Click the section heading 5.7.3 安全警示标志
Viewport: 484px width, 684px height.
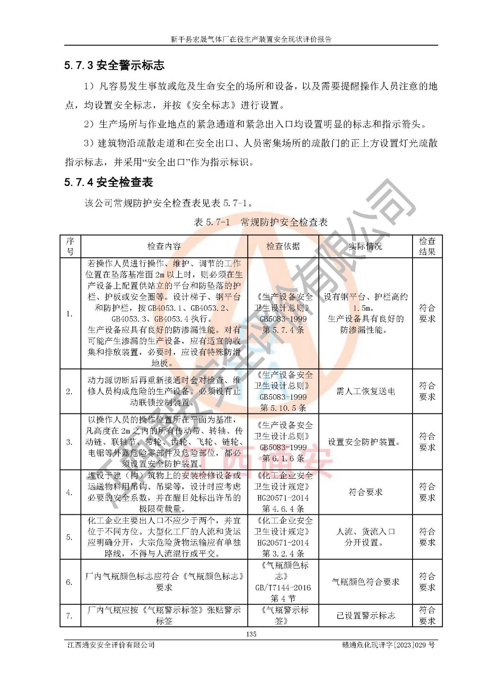point(114,65)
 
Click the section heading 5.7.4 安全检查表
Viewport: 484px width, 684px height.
point(109,183)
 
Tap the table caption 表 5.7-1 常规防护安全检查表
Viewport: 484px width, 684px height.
point(261,222)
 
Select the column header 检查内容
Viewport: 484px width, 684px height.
point(164,246)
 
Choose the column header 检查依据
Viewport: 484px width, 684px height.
point(283,246)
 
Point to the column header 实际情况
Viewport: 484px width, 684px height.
point(365,246)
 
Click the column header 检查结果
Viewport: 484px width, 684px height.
point(427,246)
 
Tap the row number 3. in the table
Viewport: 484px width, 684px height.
point(69,442)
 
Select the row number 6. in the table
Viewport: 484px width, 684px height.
point(69,582)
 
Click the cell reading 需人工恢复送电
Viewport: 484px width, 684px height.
point(365,391)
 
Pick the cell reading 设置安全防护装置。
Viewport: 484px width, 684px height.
point(365,442)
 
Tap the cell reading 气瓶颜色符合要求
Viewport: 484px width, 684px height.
point(365,582)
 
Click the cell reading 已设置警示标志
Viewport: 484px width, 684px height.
point(365,616)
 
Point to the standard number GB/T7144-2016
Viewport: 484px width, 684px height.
point(283,587)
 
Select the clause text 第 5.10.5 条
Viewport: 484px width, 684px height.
point(283,408)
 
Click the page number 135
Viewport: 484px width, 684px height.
point(251,634)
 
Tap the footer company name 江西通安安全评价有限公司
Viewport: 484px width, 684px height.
point(111,645)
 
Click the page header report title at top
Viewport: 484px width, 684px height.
point(251,39)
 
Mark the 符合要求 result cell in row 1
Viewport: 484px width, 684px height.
point(427,313)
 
